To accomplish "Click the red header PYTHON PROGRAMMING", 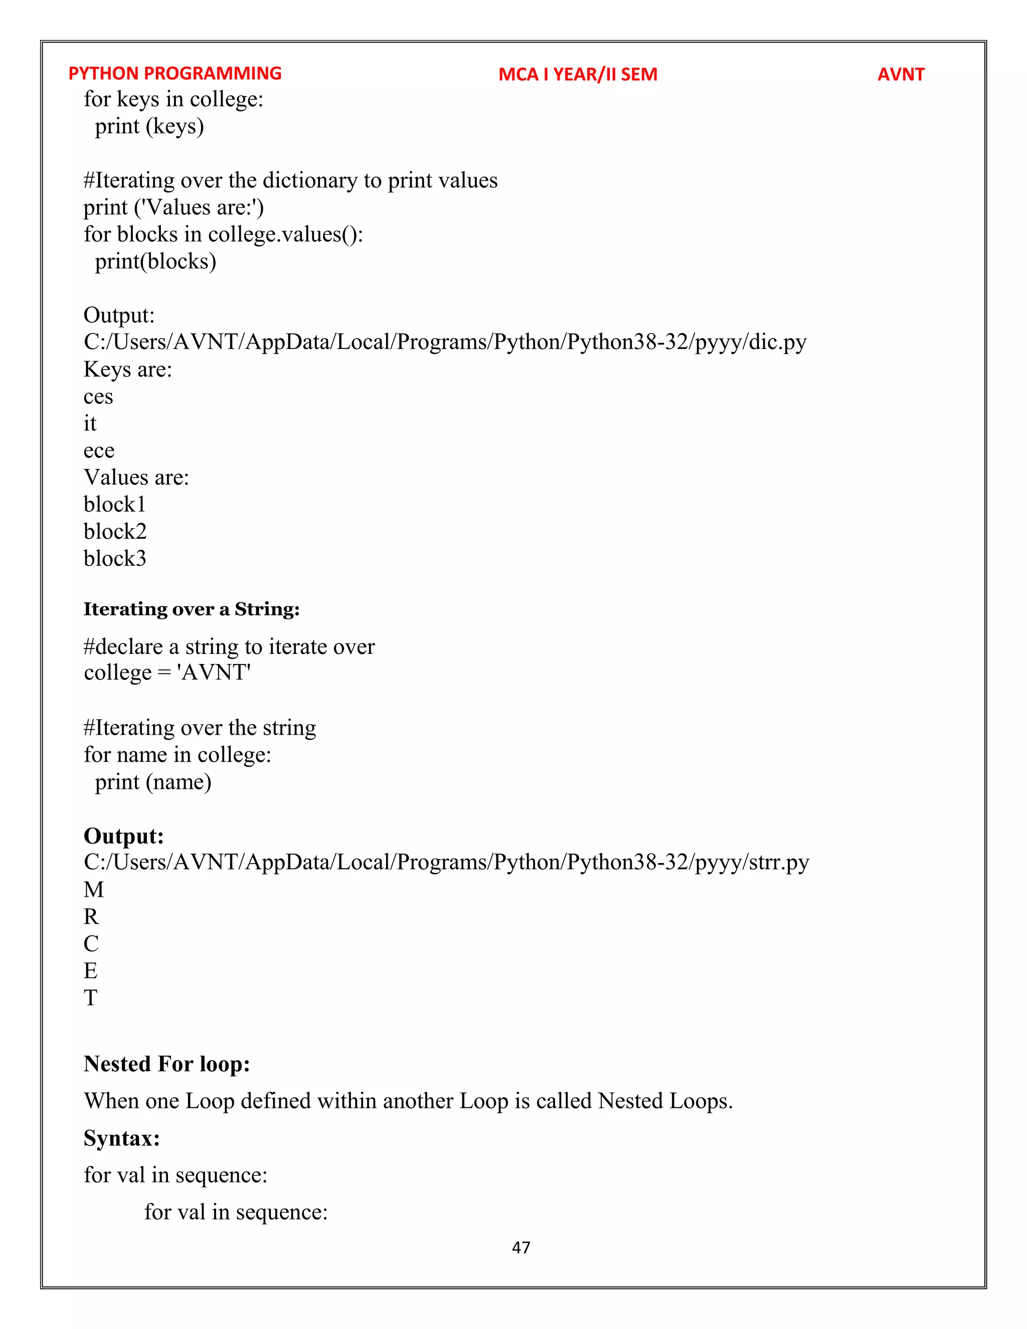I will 175,74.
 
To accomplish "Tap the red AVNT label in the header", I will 901,74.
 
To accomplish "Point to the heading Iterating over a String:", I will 191,609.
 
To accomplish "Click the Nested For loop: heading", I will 166,1064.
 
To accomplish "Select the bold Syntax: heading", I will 122,1138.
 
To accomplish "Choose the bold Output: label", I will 123,836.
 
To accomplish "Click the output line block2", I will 115,531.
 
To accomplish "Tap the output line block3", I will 115,558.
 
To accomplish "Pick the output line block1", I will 114,505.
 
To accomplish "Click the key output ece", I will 99,451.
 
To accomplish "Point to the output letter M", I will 94,890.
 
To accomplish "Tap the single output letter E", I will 91,970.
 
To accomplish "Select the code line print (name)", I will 153,782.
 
